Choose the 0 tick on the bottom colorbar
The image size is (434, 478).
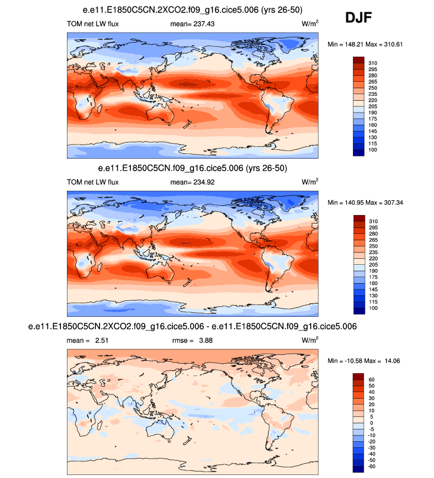(371, 423)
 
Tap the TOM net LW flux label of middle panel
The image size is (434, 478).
(93, 182)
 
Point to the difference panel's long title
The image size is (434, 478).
(192, 327)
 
